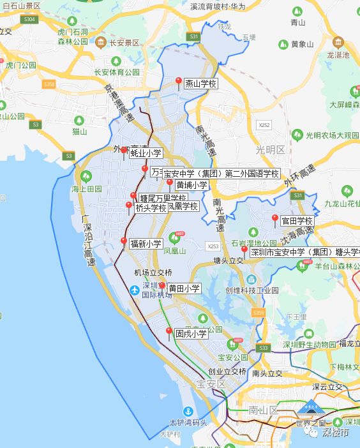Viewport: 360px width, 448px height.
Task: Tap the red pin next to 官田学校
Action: (275, 220)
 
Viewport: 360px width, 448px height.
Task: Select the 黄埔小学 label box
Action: (191, 185)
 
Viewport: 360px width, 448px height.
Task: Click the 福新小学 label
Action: (146, 243)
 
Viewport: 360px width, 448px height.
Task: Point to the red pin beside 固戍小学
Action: (169, 332)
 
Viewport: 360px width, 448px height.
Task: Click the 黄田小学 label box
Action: (184, 288)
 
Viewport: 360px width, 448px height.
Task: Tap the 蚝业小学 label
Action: (146, 153)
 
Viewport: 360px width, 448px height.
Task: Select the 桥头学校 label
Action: (151, 208)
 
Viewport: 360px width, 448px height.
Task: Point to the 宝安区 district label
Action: (211, 384)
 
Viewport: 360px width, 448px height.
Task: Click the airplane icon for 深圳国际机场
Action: (134, 290)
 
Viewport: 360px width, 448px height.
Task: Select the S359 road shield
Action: (258, 312)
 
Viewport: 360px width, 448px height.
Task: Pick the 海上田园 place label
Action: (87, 189)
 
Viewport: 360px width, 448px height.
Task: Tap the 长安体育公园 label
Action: (116, 72)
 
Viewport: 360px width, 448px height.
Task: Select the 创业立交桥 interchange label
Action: (227, 371)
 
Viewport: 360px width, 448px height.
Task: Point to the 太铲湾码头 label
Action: (188, 422)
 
